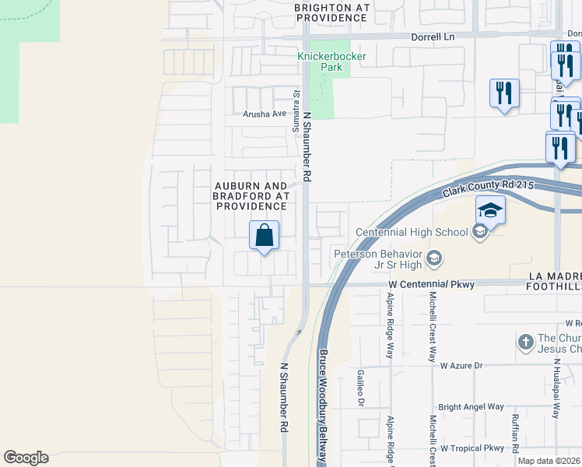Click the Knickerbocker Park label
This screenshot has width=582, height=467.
(320, 61)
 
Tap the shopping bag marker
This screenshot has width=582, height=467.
(265, 234)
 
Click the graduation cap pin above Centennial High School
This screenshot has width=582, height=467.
(491, 211)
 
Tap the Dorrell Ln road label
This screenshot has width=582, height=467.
(432, 37)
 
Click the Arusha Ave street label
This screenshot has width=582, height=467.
(265, 114)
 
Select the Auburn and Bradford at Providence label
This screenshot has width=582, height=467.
(251, 196)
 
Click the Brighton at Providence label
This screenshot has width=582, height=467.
(331, 12)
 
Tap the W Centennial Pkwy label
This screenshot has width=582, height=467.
(433, 285)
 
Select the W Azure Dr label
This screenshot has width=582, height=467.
(461, 365)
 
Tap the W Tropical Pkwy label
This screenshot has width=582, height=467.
(472, 448)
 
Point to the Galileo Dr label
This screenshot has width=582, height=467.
(360, 388)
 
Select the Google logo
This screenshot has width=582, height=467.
(26, 458)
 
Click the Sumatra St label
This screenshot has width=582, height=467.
(296, 110)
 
